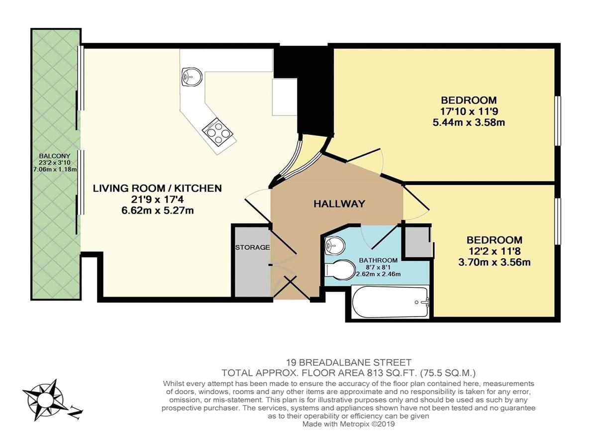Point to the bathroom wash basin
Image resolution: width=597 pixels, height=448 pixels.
pyautogui.click(x=334, y=245)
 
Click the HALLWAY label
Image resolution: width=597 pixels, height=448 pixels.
pyautogui.click(x=339, y=204)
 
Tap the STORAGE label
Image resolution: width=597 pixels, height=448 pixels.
pyautogui.click(x=252, y=247)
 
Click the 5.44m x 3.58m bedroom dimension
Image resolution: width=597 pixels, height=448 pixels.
pyautogui.click(x=469, y=122)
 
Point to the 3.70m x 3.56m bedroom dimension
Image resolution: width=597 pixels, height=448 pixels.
pyautogui.click(x=494, y=262)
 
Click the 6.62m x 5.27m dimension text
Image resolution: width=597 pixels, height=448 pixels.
pyautogui.click(x=158, y=211)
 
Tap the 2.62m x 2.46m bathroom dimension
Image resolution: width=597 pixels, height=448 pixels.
pyautogui.click(x=378, y=274)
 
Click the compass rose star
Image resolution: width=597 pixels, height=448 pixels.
pyautogui.click(x=43, y=400)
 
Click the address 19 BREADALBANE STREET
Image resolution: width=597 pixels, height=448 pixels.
pyautogui.click(x=348, y=362)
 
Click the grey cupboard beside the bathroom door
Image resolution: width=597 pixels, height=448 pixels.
pyautogui.click(x=417, y=241)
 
